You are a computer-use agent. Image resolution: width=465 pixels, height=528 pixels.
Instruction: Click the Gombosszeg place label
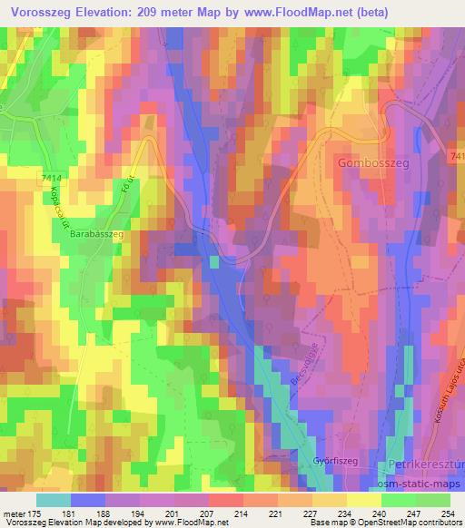click(x=369, y=164)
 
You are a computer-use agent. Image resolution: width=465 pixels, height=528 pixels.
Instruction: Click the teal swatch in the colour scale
click(x=53, y=500)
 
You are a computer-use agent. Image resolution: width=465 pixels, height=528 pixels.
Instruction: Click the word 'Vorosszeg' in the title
click(x=42, y=11)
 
